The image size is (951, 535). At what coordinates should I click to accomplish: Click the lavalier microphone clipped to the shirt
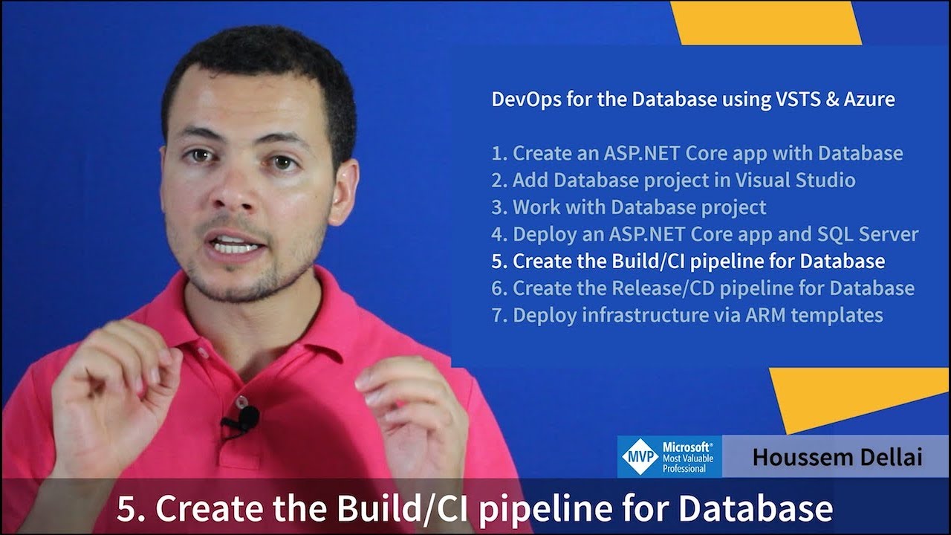tap(242, 420)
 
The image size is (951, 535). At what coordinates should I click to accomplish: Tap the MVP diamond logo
tap(640, 456)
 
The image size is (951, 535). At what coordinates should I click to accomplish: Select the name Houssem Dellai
tap(837, 456)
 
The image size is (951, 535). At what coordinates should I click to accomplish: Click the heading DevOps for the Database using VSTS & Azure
tap(693, 100)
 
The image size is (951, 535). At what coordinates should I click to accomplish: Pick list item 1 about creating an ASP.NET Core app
tap(697, 154)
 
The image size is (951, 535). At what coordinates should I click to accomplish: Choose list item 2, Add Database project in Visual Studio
tap(673, 181)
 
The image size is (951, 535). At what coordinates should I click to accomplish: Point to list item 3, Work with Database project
tap(629, 207)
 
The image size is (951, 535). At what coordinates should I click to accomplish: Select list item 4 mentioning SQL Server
tap(704, 235)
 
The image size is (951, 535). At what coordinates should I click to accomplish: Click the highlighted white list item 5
tap(688, 262)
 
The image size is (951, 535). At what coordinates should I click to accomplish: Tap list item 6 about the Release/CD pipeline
tap(703, 288)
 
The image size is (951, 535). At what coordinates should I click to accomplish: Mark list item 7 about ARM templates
tap(687, 315)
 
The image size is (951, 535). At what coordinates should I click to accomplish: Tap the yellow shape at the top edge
tap(765, 22)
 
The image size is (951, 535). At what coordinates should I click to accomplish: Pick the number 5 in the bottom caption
tap(128, 510)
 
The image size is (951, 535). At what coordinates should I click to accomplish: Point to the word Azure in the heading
tap(869, 100)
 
